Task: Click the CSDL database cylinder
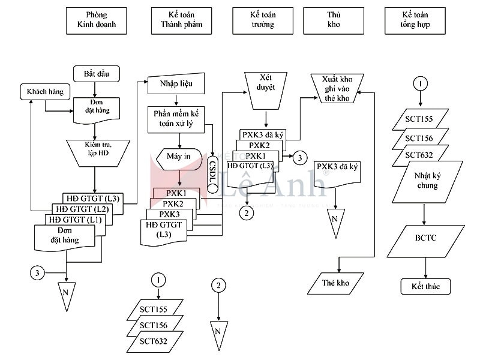click(x=212, y=172)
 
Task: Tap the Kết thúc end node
click(x=425, y=286)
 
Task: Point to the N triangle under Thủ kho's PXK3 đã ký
click(x=335, y=218)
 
